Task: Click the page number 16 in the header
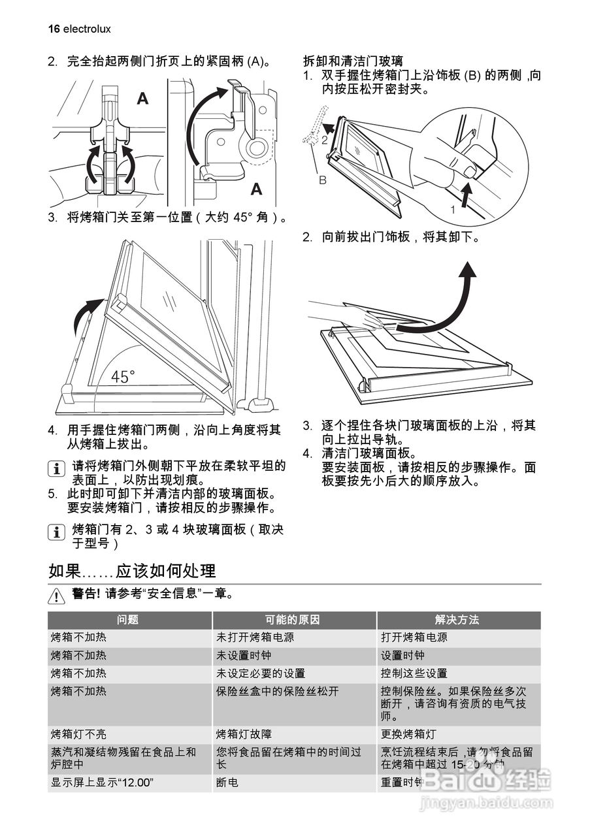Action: point(54,29)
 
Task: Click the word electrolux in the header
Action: point(88,29)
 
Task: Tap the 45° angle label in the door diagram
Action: point(123,377)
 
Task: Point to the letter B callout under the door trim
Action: point(322,180)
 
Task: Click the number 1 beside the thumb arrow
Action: point(451,210)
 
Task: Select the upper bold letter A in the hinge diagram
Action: point(142,99)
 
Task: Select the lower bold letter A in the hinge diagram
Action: point(256,189)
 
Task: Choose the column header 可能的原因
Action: point(294,620)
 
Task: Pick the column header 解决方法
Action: point(457,620)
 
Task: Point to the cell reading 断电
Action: point(227,782)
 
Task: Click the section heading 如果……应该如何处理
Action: point(132,570)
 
